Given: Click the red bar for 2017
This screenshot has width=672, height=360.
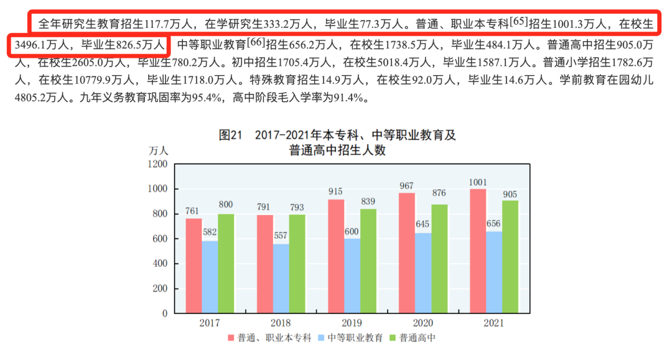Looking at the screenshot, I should pos(194,265).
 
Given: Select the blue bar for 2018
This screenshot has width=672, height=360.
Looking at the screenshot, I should pos(281,279).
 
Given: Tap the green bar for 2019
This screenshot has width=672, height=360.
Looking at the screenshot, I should pos(368,261).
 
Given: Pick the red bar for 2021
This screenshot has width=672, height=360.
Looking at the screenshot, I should pos(478,251).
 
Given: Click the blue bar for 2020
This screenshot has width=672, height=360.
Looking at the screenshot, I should pos(423,273).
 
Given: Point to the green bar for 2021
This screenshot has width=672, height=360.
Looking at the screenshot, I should pos(510,257).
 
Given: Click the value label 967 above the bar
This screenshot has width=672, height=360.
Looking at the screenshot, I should pos(407,186).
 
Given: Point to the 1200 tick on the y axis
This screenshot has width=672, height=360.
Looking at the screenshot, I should pos(157,164).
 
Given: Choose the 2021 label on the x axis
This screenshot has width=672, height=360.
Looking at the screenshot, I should pos(494,323).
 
